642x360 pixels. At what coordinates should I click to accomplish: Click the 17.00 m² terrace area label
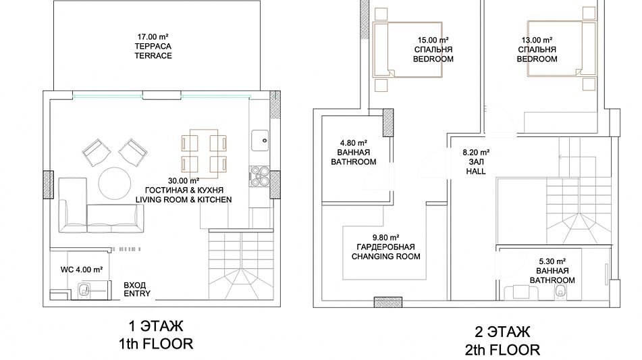click(153, 37)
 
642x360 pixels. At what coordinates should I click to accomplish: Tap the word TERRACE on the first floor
click(153, 55)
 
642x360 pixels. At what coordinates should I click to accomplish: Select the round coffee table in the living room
click(115, 184)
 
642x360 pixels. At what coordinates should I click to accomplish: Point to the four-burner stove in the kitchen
click(260, 176)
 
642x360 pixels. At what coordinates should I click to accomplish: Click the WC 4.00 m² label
click(82, 269)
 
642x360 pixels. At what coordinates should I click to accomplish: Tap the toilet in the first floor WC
click(84, 290)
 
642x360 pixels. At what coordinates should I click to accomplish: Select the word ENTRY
click(137, 294)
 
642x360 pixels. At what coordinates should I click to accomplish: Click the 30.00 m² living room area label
click(184, 180)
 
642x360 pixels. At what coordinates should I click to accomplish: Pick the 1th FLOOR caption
click(156, 344)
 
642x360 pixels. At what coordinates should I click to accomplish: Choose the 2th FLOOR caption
click(502, 349)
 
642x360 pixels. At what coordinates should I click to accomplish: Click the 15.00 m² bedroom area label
click(433, 40)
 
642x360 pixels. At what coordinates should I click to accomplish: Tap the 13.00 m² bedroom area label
click(537, 40)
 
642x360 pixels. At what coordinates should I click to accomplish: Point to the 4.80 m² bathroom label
click(353, 143)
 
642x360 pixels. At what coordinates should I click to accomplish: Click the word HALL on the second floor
click(476, 171)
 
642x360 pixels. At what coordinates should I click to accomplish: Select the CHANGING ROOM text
click(385, 257)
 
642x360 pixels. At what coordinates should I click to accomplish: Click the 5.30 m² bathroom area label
click(552, 261)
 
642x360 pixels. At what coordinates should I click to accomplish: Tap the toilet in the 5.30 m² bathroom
click(560, 291)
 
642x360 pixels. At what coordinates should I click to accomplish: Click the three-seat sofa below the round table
click(115, 219)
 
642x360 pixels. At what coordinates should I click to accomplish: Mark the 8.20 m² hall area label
click(476, 153)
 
